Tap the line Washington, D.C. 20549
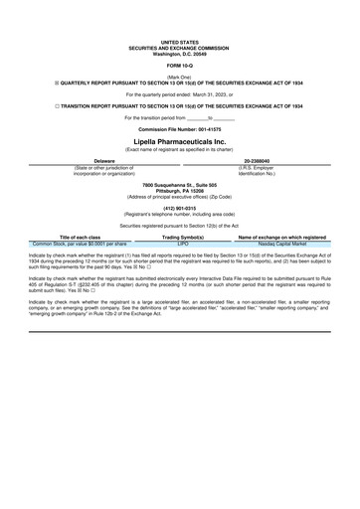(x=179, y=53)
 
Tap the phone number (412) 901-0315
(x=179, y=208)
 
